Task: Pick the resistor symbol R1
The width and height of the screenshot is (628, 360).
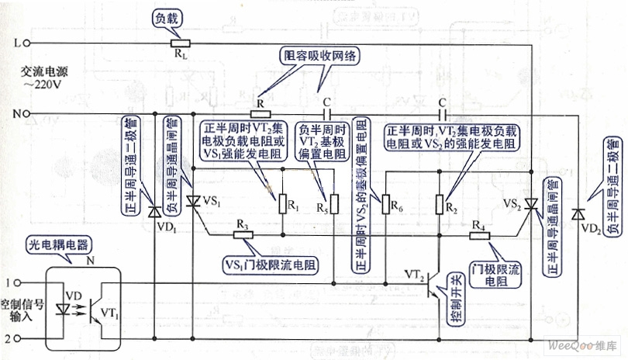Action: [282, 203]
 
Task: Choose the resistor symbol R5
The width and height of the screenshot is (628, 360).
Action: [334, 203]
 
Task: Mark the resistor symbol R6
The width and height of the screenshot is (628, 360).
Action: [385, 203]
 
